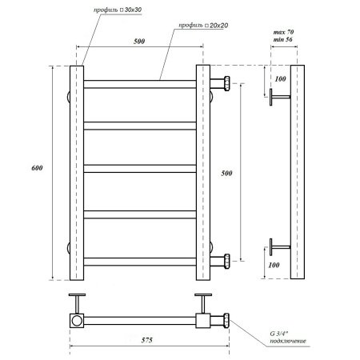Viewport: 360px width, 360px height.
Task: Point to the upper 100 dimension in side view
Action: [x=280, y=80]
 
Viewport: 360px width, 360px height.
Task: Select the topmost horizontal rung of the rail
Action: [x=140, y=82]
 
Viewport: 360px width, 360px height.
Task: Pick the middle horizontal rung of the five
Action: [x=140, y=168]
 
